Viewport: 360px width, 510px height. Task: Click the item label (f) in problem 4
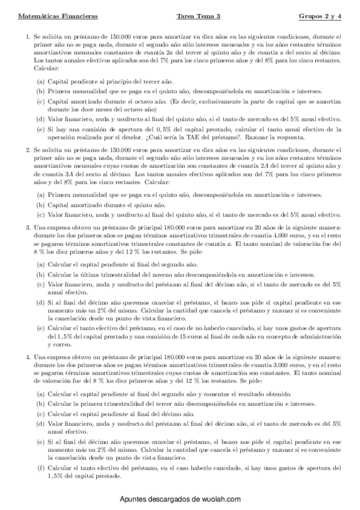(40, 467)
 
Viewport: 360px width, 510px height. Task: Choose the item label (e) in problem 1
(40, 129)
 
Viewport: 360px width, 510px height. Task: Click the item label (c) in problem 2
(40, 214)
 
